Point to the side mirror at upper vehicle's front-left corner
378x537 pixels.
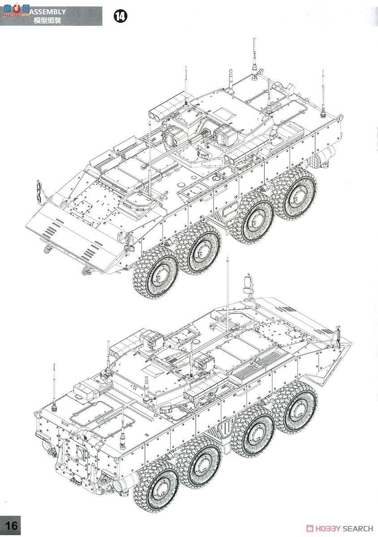39,190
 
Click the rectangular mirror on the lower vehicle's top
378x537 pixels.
248,283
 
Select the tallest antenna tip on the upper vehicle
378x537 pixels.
254,41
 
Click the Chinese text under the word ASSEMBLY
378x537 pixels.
47,21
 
